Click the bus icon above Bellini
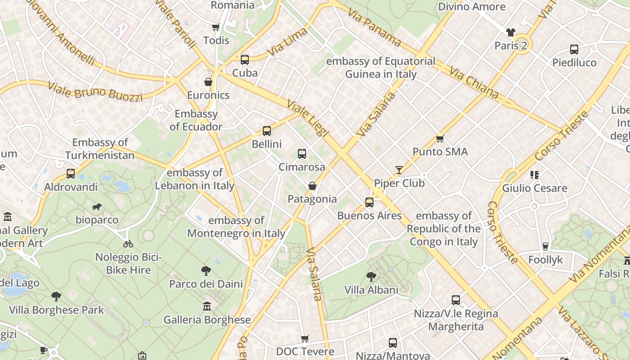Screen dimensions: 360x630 coord(267,131)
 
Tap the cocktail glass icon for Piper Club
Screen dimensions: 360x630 coord(399,170)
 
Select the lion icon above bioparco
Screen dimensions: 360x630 coord(97,207)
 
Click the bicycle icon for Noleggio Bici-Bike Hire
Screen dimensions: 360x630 coord(128,244)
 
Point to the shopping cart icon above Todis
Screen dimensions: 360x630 coord(216,27)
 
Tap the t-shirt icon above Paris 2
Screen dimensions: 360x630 coord(510,32)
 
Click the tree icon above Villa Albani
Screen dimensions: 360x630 coord(371,276)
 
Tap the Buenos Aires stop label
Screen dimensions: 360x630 coord(369,216)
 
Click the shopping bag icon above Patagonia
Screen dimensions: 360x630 coord(312,186)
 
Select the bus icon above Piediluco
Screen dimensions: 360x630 coord(574,49)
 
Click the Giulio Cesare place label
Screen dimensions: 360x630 coord(535,188)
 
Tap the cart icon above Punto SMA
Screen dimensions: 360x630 coord(440,139)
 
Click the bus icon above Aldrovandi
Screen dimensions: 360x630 coord(71,174)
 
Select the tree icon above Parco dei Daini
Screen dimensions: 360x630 coord(206,271)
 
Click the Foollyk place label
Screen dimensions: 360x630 coord(545,260)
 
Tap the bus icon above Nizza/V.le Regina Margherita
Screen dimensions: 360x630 coord(456,300)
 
